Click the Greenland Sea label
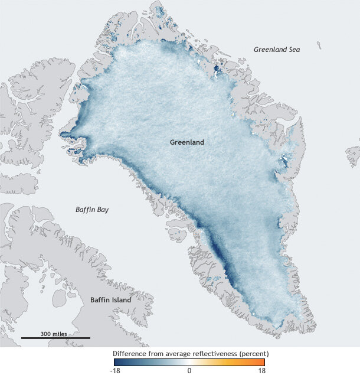click(276, 50)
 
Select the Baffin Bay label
click(92, 210)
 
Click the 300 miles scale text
click(53, 334)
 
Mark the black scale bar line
click(55, 338)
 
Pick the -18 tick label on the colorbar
click(116, 371)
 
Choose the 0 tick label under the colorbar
click(189, 371)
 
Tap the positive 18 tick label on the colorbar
click(261, 371)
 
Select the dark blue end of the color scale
click(116, 361)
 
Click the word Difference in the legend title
click(129, 353)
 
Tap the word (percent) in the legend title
click(250, 353)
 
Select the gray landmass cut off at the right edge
click(352, 156)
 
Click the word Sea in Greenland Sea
click(293, 50)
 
